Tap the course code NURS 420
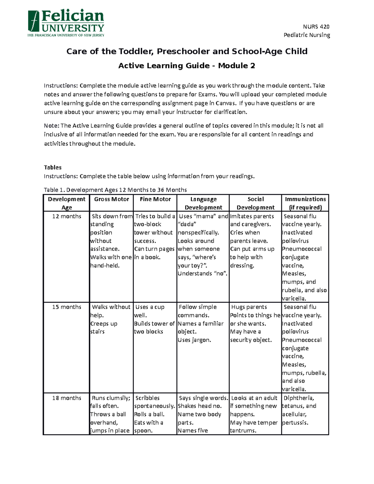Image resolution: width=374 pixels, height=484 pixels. (316, 26)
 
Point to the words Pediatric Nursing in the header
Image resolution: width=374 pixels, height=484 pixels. (307, 35)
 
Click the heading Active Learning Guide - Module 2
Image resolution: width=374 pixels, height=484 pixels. (187, 66)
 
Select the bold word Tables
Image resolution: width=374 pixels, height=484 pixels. (53, 167)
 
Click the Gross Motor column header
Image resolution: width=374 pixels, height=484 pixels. (111, 199)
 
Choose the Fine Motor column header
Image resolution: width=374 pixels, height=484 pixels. (155, 199)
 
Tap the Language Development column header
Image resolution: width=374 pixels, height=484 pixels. (203, 203)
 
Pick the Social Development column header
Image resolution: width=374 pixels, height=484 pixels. (255, 203)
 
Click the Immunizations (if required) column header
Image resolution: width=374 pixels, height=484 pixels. (305, 203)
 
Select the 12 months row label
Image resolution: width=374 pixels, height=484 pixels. (66, 216)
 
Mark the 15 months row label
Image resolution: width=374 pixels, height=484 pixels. (66, 307)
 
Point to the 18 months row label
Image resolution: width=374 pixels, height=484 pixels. (66, 398)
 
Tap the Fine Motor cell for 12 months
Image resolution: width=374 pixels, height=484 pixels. (155, 237)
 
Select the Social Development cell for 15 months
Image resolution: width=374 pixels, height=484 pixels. (255, 323)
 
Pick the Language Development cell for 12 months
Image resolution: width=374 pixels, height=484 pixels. (203, 245)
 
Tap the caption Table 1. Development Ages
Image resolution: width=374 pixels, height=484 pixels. (115, 190)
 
